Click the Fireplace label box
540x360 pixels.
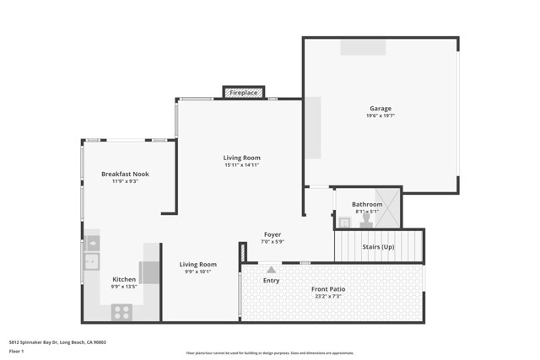pos(244,92)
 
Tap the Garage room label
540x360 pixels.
pos(380,109)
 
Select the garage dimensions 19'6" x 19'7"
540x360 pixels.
pos(380,116)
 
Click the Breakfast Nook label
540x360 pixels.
pos(125,174)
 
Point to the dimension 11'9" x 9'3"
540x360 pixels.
pos(125,181)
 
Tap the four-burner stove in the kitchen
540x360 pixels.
pos(121,311)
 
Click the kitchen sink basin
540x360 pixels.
pos(92,261)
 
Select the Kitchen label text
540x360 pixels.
pos(124,279)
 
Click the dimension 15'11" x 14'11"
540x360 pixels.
pos(241,165)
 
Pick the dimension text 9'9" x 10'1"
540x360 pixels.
pos(197,271)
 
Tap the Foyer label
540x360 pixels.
pos(273,234)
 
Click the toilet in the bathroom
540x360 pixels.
pos(365,220)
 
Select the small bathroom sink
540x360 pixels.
pos(344,223)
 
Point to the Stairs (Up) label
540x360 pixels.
pos(377,247)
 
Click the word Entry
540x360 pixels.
pos(271,281)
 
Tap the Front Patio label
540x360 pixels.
pos(328,289)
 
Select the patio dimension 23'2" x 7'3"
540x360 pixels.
pos(328,297)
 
